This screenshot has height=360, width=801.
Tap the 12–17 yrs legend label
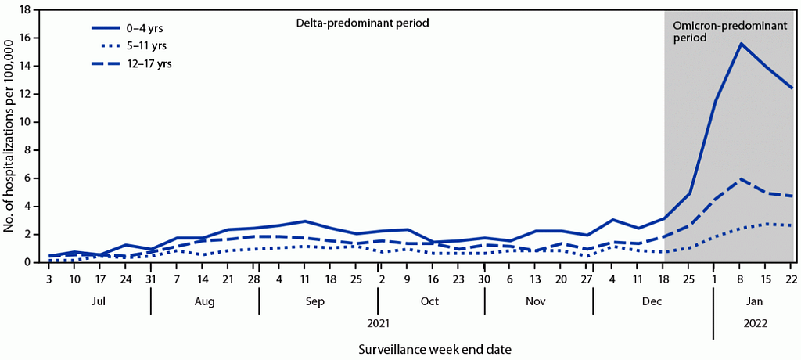click(131, 63)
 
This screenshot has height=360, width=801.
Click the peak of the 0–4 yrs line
click(740, 44)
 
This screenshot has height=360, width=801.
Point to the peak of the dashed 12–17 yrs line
click(740, 178)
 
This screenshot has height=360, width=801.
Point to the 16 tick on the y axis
click(31, 38)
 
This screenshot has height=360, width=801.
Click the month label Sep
click(316, 301)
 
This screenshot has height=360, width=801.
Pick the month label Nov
click(535, 301)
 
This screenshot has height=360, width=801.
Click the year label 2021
click(378, 323)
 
